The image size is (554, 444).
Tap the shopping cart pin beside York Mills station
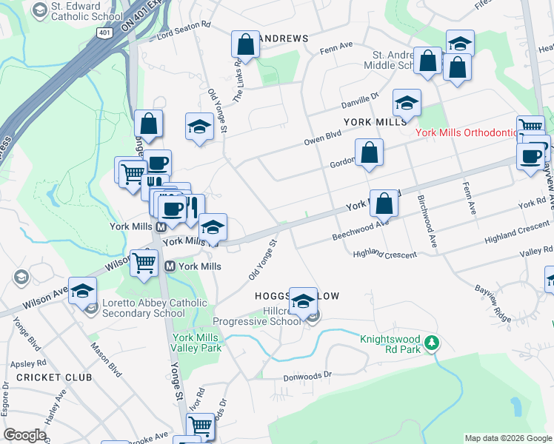pos(144,263)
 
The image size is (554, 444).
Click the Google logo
pos(25,435)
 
